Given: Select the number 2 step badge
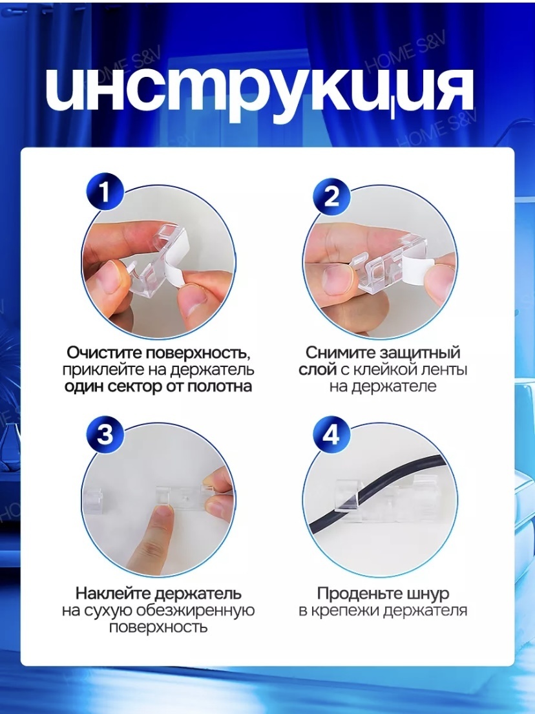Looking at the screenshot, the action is pyautogui.click(x=332, y=197).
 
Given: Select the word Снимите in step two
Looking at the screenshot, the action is pyautogui.click(x=341, y=353).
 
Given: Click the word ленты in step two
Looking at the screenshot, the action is pyautogui.click(x=442, y=370).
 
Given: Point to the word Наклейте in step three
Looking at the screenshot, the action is pyautogui.click(x=113, y=594).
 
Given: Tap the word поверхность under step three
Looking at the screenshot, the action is pyautogui.click(x=158, y=627).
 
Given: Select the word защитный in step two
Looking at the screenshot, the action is pyautogui.click(x=420, y=353).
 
